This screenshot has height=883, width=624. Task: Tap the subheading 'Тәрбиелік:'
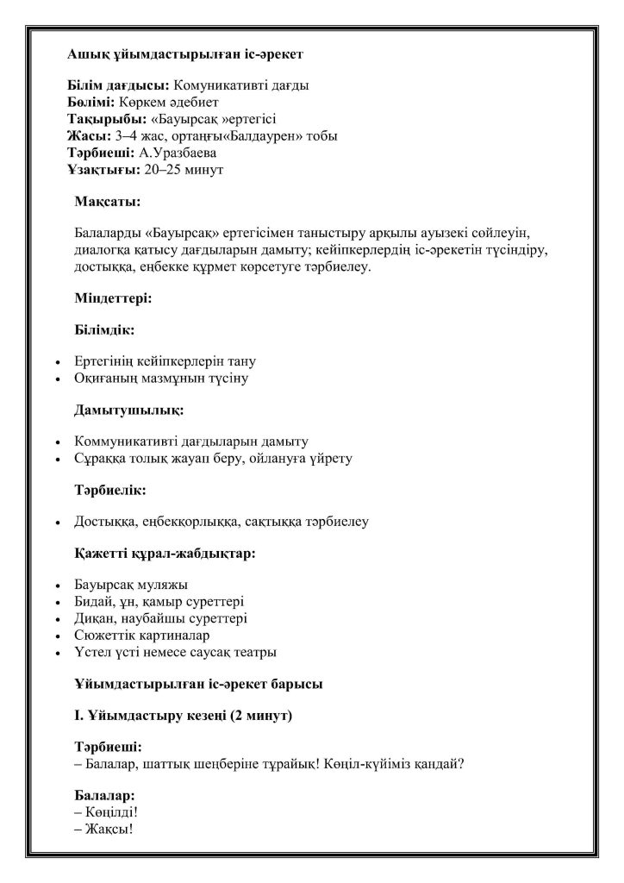click(109, 490)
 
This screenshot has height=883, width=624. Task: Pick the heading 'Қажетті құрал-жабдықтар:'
click(165, 554)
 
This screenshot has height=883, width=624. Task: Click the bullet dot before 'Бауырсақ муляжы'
click(56, 586)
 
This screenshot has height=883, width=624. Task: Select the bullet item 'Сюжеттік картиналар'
click(136, 636)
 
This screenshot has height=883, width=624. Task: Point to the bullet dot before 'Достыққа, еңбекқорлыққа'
click(56, 523)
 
